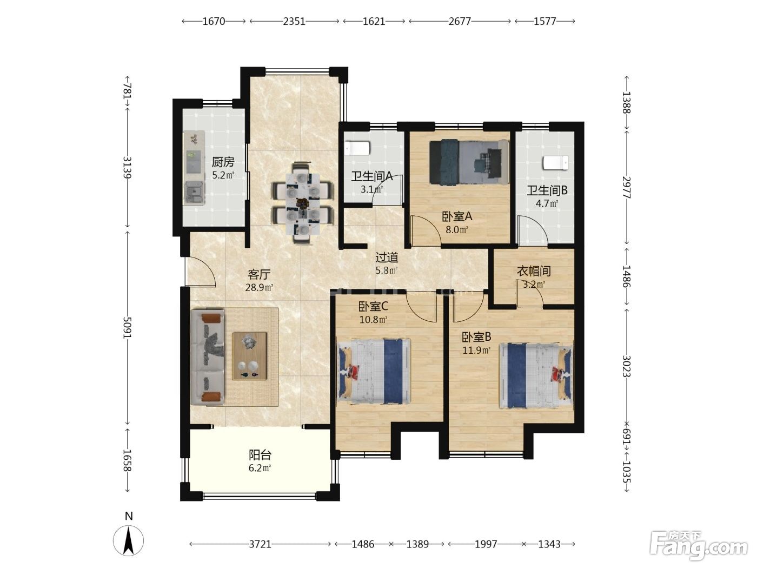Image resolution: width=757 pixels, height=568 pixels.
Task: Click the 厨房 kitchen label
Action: point(223,162)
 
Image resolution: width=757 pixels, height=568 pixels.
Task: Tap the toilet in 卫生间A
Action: point(357,148)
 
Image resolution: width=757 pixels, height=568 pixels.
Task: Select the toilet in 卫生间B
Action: point(556,162)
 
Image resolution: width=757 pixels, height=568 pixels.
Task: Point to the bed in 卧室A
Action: point(469,162)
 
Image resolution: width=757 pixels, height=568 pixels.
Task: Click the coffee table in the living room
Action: point(249,356)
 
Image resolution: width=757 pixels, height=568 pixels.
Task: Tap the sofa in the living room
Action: point(207,357)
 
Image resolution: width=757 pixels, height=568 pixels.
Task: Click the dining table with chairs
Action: point(303,203)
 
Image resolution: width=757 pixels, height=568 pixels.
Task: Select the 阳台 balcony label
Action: point(260,455)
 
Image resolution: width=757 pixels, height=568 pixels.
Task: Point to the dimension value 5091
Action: point(127,328)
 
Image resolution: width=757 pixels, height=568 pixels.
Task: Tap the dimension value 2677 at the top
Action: point(460,22)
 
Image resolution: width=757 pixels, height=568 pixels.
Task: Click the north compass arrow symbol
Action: point(128,540)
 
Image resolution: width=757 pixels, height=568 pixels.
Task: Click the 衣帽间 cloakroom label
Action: point(534,271)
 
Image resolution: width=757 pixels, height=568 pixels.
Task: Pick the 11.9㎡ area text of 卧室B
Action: point(476,351)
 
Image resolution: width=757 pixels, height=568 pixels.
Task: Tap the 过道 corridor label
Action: point(387,257)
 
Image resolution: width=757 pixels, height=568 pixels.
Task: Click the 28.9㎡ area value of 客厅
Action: point(259,287)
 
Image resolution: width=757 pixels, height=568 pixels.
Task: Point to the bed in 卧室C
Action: point(375,371)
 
